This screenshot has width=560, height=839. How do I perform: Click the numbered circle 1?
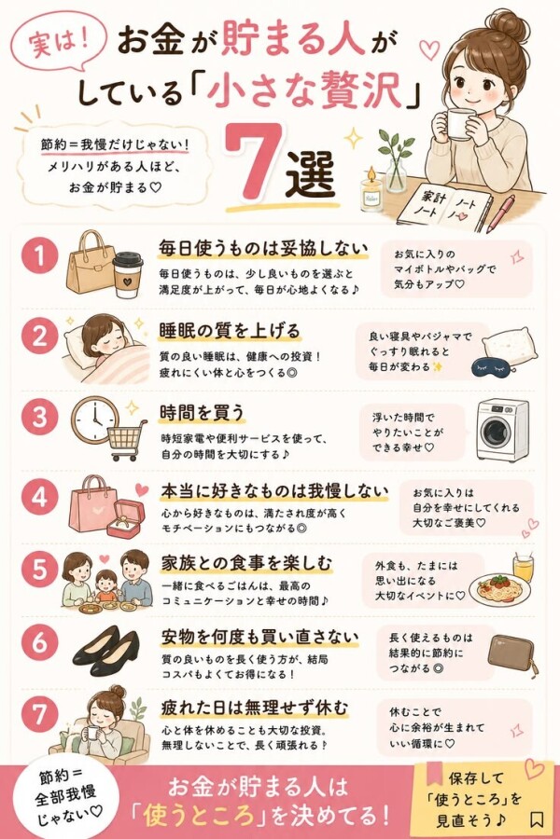(39, 256)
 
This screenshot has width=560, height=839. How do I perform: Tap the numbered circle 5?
(39, 570)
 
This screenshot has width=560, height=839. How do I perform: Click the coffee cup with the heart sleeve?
(128, 275)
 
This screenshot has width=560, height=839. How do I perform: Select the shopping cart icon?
(127, 440)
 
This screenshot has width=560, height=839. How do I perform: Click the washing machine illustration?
(501, 430)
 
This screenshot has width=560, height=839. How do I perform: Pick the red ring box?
(125, 518)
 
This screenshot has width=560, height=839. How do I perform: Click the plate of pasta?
(499, 590)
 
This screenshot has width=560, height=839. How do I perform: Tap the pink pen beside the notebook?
(500, 213)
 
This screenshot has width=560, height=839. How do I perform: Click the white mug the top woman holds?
(460, 124)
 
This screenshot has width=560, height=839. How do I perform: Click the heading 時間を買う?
(203, 413)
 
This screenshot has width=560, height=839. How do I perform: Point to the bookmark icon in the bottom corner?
(537, 819)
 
